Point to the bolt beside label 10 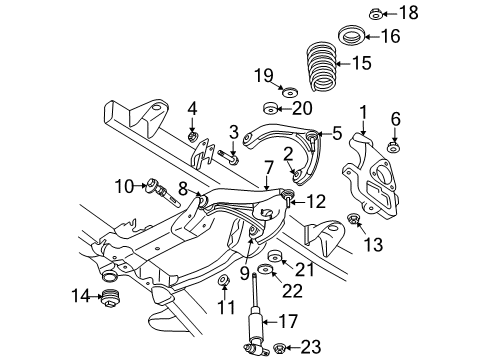click(x=159, y=186)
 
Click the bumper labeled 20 click(x=269, y=110)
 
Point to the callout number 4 click(x=193, y=109)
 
